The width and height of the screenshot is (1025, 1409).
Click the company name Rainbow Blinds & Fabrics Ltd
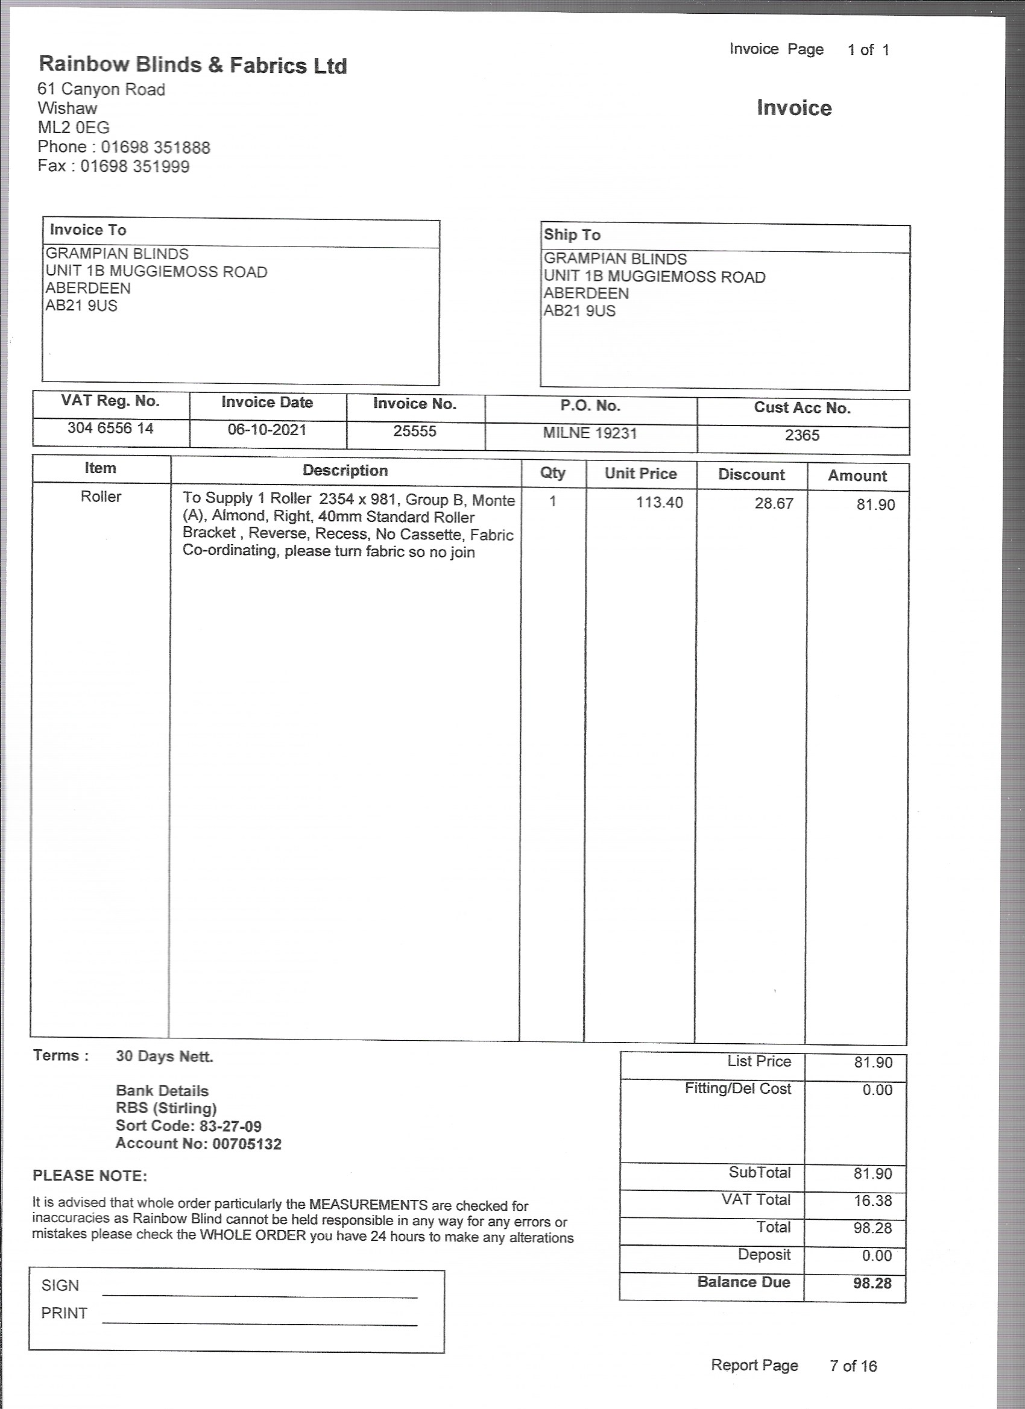193,65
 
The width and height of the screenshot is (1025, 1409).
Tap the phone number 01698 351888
156,147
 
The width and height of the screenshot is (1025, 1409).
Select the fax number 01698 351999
135,166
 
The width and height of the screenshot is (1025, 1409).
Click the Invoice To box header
88,230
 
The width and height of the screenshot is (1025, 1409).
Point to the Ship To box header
572,235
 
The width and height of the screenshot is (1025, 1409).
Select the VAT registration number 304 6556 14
111,428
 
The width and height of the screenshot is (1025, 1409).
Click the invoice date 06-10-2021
267,430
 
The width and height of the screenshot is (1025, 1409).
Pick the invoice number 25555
415,431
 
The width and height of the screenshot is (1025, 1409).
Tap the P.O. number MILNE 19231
590,433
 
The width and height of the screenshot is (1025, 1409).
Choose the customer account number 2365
802,435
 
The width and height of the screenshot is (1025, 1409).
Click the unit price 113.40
659,502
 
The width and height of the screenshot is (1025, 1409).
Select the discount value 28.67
774,503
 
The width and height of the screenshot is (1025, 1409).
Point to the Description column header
345,470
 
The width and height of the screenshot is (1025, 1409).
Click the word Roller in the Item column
101,497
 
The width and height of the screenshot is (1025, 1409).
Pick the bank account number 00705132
247,1144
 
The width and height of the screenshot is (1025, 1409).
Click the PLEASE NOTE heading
89,1175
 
